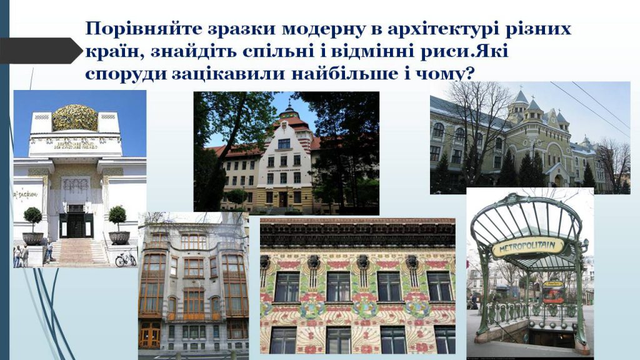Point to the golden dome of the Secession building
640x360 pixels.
75,117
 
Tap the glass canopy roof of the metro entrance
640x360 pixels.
527,219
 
